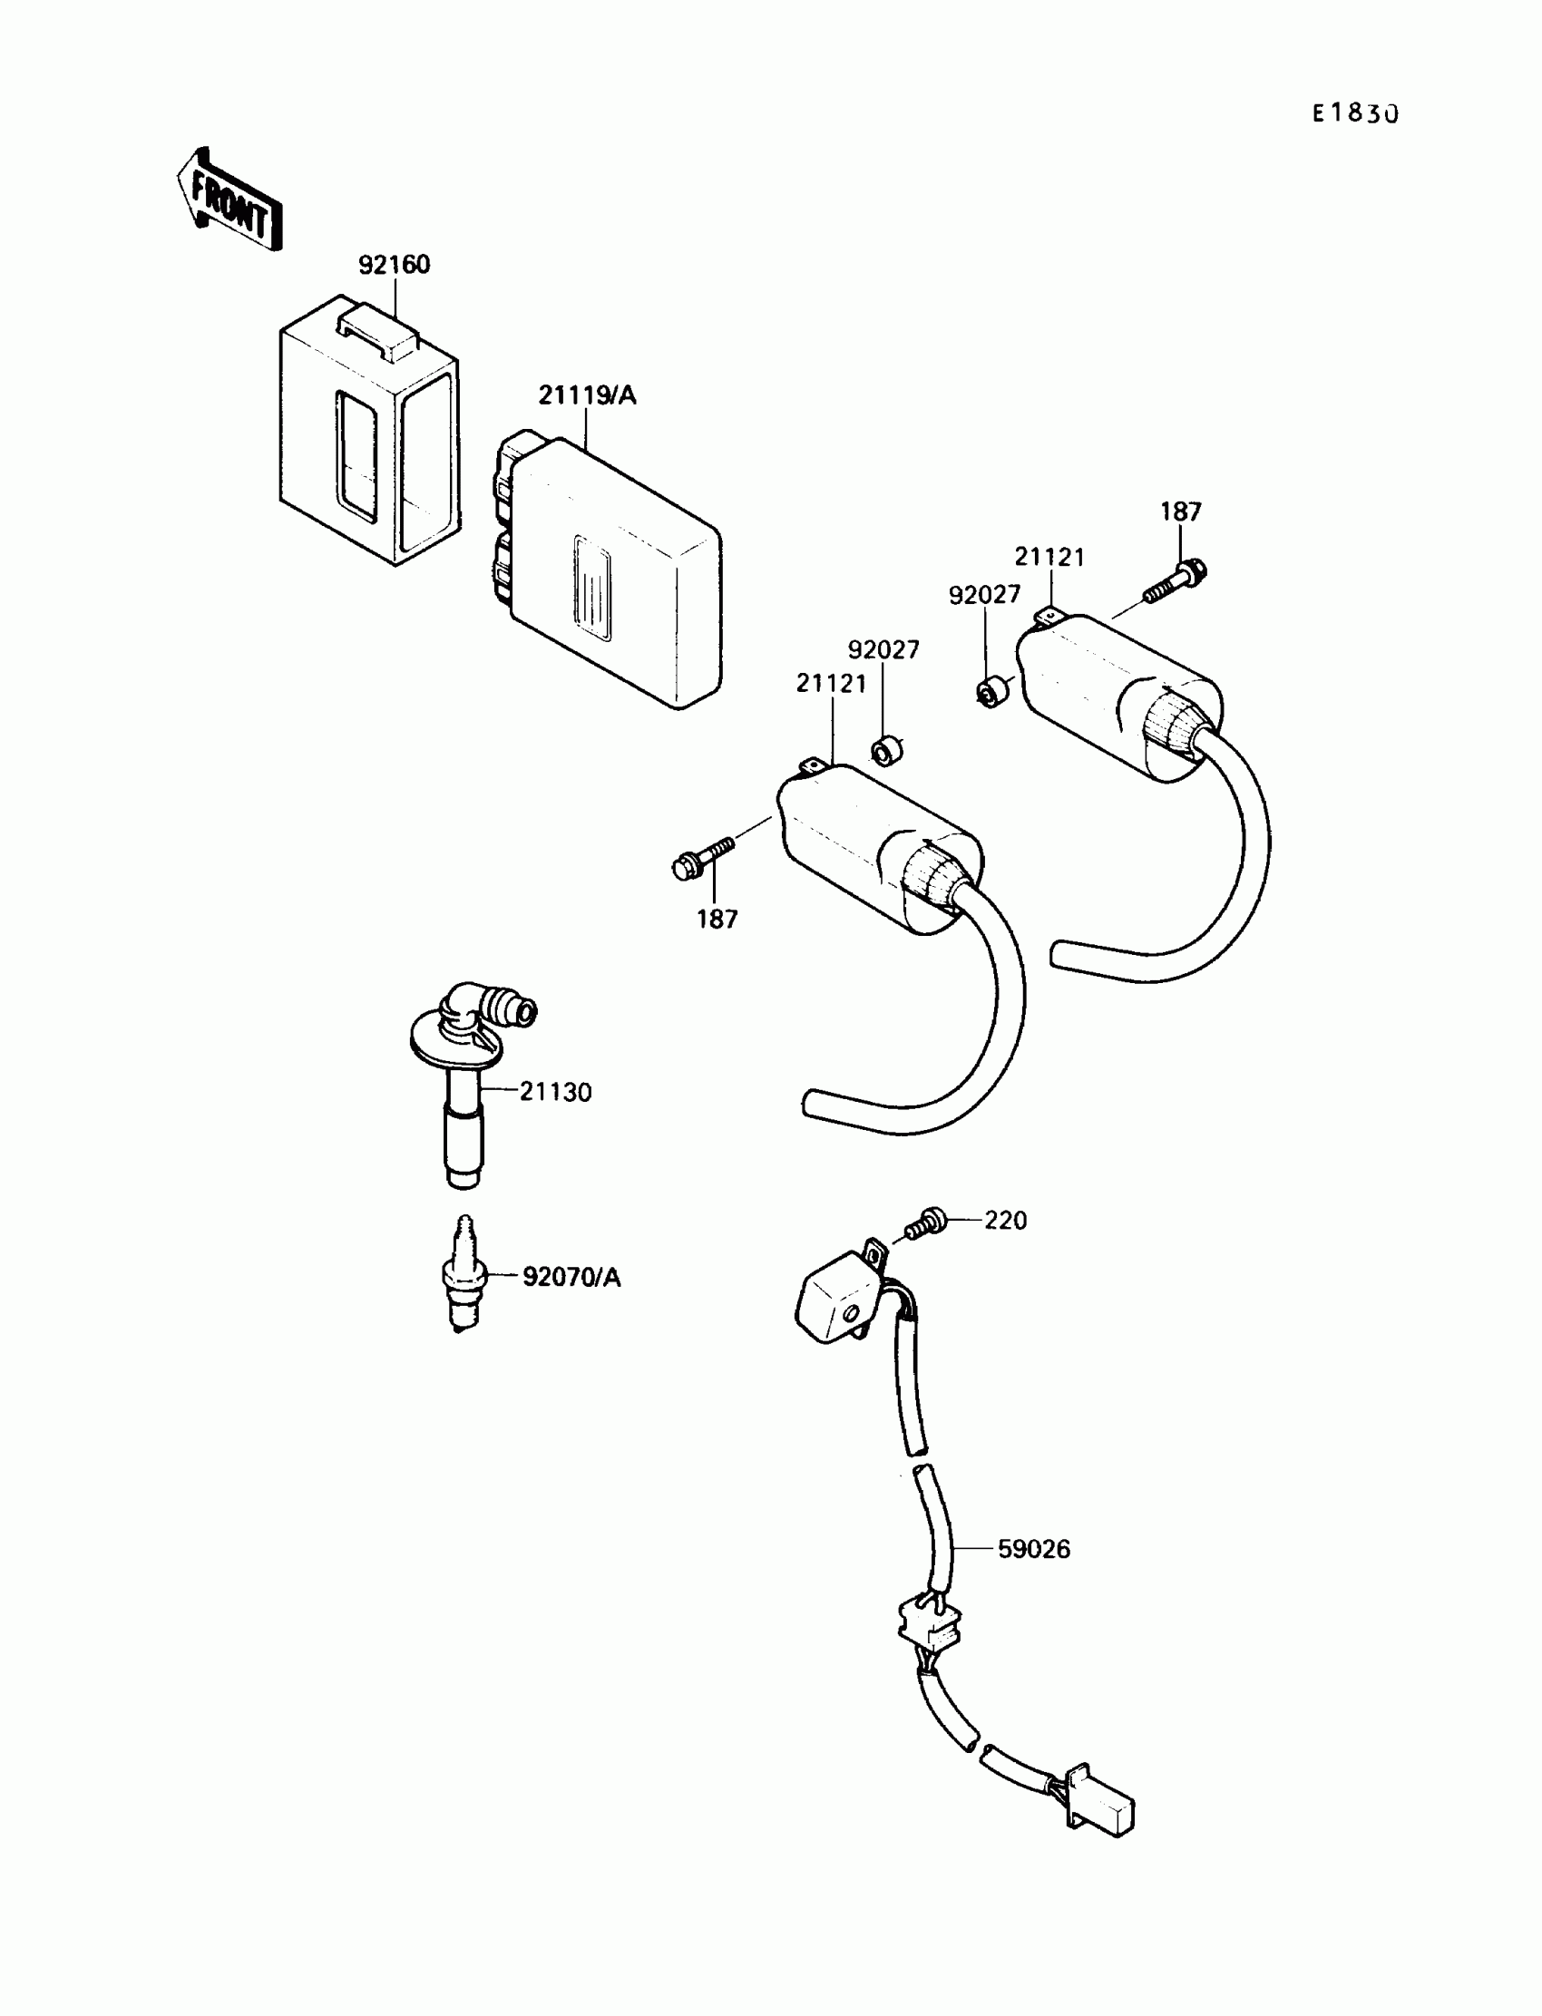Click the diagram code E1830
coord(1354,113)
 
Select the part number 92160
coord(394,265)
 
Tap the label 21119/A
coord(587,395)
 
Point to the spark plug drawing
coord(463,1275)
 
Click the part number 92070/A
coord(571,1277)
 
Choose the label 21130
coord(555,1092)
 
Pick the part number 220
coord(1005,1221)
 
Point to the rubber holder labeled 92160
coord(369,432)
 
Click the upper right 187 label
coord(1180,512)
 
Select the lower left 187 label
coord(717,919)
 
